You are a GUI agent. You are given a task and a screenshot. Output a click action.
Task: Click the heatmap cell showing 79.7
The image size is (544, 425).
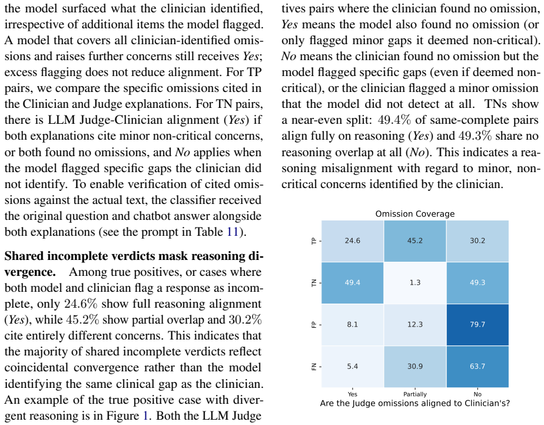click(x=477, y=325)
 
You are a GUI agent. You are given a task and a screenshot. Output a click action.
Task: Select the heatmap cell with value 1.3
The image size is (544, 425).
click(x=415, y=282)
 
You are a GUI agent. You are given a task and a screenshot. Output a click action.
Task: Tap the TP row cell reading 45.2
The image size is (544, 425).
click(x=415, y=240)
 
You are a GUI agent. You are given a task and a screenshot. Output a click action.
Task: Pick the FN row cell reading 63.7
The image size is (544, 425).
click(x=477, y=367)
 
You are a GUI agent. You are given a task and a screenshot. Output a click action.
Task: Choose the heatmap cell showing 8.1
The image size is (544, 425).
click(x=353, y=325)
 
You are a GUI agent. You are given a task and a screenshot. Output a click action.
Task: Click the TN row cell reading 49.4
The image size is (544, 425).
click(x=353, y=282)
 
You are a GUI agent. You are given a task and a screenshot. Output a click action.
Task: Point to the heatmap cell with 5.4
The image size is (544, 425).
click(x=353, y=367)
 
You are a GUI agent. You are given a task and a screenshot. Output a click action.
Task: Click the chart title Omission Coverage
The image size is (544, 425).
click(x=415, y=214)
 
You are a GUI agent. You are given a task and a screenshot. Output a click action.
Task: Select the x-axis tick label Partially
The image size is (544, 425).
click(x=415, y=394)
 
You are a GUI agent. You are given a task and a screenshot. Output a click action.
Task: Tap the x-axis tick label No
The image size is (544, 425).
click(x=477, y=394)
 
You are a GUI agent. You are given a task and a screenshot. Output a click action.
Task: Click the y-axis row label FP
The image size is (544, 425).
click(x=314, y=325)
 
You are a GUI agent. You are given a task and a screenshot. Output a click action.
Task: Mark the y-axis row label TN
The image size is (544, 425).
click(x=314, y=283)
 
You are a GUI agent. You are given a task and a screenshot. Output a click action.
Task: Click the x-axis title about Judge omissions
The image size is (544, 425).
click(x=415, y=403)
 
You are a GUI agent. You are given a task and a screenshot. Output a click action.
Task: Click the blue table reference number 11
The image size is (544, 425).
click(x=233, y=232)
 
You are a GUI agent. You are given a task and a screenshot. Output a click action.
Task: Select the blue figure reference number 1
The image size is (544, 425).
click(x=146, y=416)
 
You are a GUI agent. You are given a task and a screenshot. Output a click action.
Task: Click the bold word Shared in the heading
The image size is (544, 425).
click(x=24, y=256)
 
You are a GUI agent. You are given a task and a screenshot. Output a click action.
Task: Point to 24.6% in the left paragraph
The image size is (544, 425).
click(x=81, y=304)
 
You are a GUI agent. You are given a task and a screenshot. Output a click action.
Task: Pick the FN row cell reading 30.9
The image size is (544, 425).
click(x=415, y=367)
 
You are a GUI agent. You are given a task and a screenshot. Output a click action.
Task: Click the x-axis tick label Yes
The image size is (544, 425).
click(x=353, y=394)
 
